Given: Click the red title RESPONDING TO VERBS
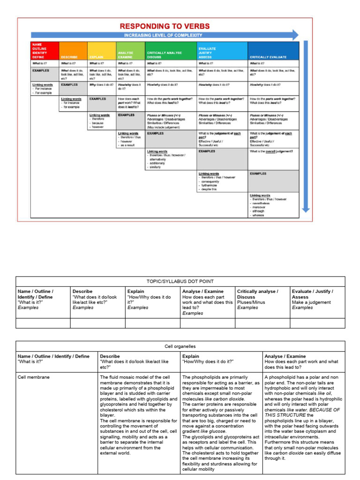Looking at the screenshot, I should pyautogui.click(x=165, y=26).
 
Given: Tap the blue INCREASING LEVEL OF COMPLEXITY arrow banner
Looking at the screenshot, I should pyautogui.click(x=164, y=35).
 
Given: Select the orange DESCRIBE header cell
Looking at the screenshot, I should pyautogui.click(x=73, y=51).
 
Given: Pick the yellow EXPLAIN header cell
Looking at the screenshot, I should pyautogui.click(x=102, y=51).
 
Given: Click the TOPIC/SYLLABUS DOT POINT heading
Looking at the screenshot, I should pyautogui.click(x=180, y=281).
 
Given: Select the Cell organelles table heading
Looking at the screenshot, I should pyautogui.click(x=180, y=346).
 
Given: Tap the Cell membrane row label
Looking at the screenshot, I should pyautogui.click(x=33, y=377).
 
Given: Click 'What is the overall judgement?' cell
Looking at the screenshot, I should pyautogui.click(x=273, y=151).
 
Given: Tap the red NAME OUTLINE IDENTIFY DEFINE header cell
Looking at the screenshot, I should pyautogui.click(x=45, y=51).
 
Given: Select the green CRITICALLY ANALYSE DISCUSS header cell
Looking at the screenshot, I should pyautogui.click(x=171, y=51).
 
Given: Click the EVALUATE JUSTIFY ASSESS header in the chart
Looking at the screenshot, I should pyautogui.click(x=222, y=51).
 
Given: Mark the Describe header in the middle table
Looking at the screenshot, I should pyautogui.click(x=83, y=291).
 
